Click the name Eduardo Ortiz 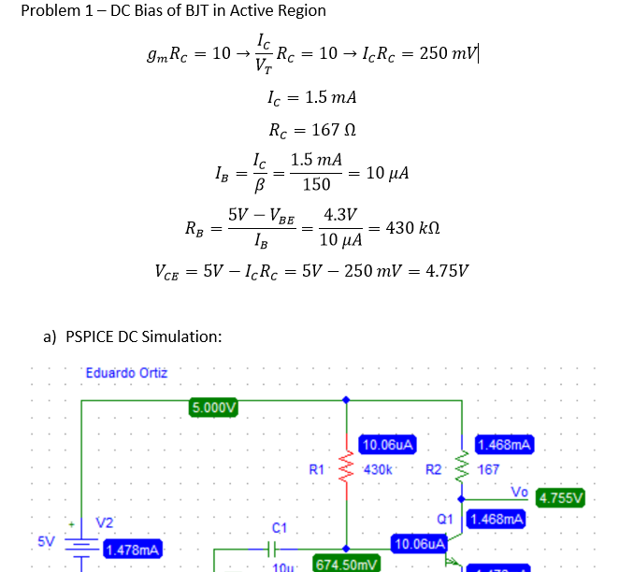[x=126, y=373]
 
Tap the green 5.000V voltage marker [x=214, y=407]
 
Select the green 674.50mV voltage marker [x=347, y=564]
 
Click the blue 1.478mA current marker [x=132, y=549]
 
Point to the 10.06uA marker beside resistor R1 [x=387, y=444]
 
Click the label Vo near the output [x=519, y=492]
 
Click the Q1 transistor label [x=445, y=518]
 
